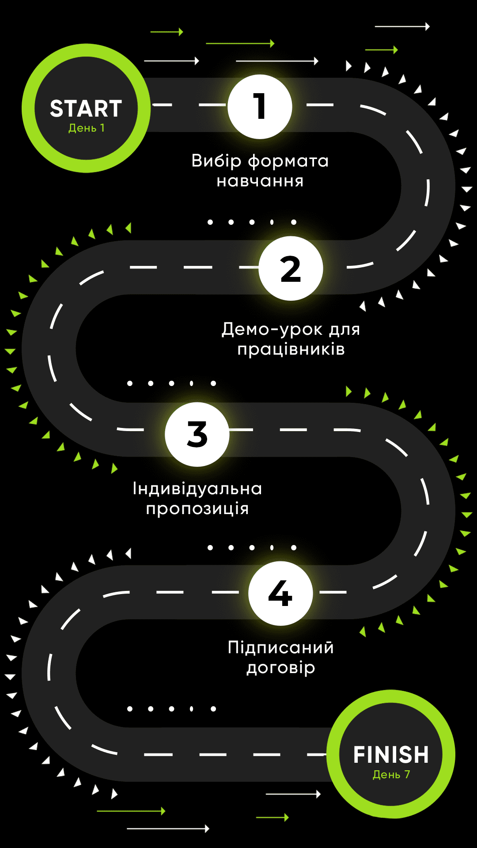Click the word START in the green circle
(86, 109)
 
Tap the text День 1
(87, 128)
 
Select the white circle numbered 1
(260, 107)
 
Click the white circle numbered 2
(291, 269)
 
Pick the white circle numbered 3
(197, 434)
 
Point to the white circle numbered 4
(280, 593)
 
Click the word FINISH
(391, 755)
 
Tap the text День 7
(391, 775)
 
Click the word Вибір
(216, 161)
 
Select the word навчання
(260, 181)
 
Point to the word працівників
(291, 349)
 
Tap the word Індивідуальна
(197, 489)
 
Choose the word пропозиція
(197, 509)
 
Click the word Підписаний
(280, 648)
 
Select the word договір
(280, 668)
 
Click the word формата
(288, 162)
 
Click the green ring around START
(28, 108)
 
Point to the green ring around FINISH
(449, 754)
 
